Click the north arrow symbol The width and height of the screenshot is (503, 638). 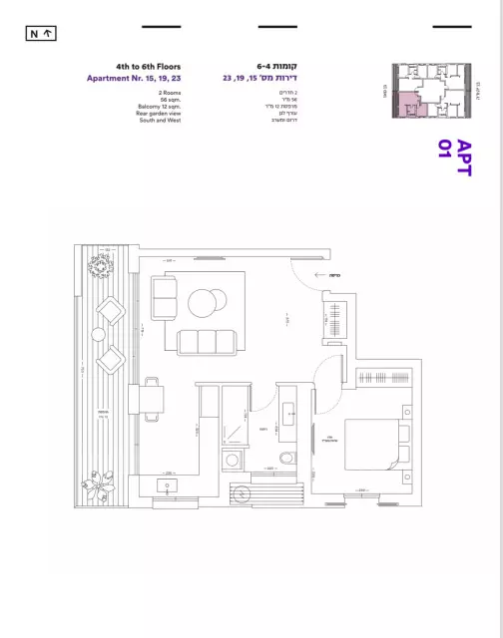tap(41, 34)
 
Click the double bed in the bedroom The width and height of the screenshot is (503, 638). tap(374, 445)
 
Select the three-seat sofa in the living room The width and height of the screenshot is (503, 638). tap(208, 342)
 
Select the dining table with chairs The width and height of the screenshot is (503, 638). tap(154, 400)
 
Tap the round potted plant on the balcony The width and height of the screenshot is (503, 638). tap(101, 267)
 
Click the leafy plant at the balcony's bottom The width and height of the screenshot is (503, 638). tap(103, 491)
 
